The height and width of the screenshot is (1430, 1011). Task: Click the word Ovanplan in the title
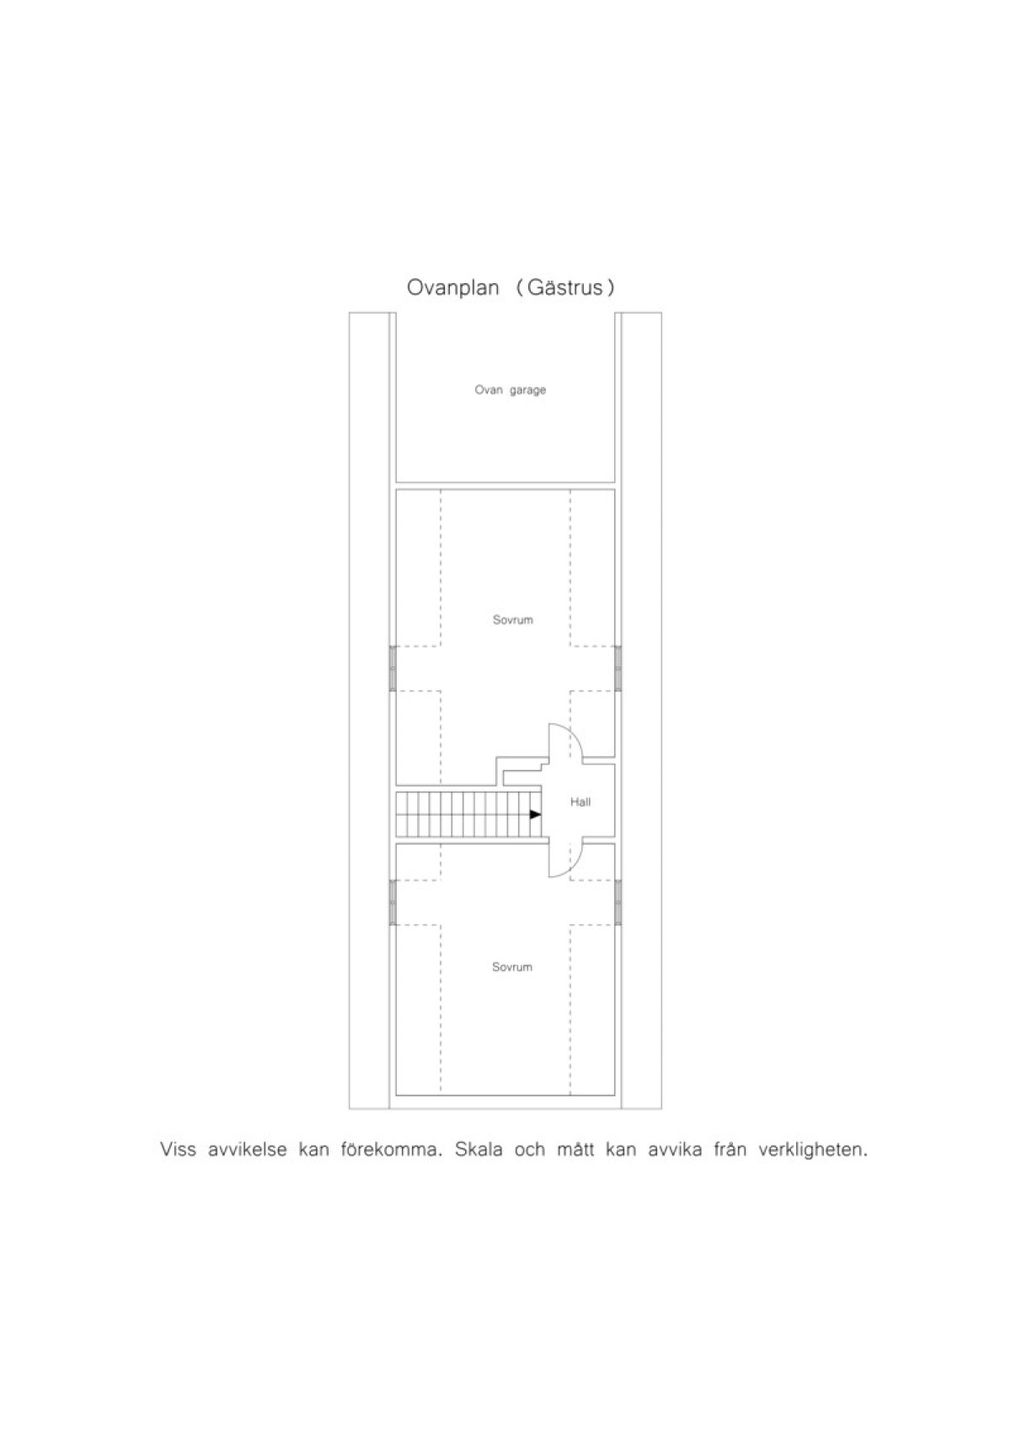(x=452, y=288)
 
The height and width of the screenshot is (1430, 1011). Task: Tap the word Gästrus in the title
(x=565, y=288)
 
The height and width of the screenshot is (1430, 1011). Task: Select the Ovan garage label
(x=510, y=390)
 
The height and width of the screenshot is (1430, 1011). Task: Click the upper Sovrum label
(x=512, y=620)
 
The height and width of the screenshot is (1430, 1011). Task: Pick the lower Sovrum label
(x=512, y=967)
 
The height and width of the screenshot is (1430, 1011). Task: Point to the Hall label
(x=580, y=802)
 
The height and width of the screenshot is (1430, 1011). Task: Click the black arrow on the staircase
(x=536, y=815)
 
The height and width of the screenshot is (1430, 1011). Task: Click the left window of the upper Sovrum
(x=393, y=667)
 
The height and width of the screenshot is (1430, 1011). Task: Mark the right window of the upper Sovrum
(x=618, y=667)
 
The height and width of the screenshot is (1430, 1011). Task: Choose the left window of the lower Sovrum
(x=393, y=902)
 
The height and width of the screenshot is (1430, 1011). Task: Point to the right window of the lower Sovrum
(x=618, y=902)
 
